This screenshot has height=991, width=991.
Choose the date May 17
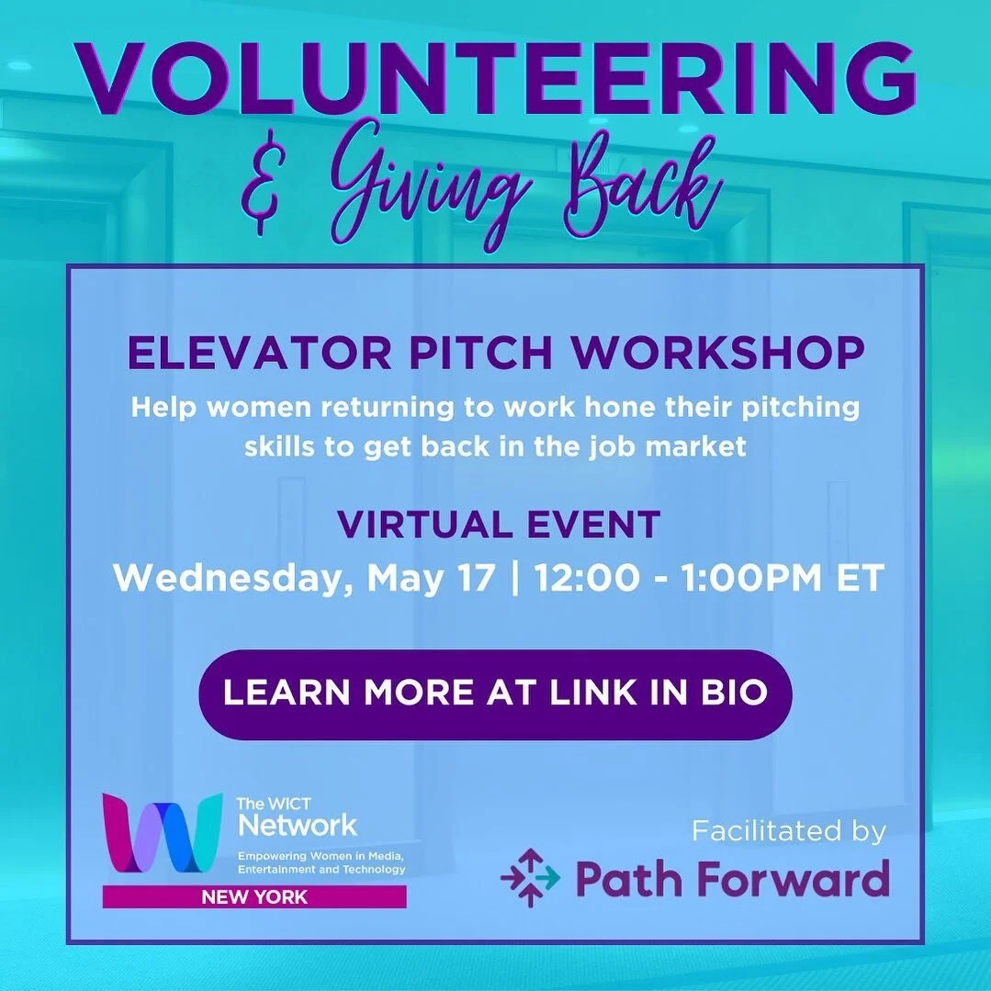tap(431, 579)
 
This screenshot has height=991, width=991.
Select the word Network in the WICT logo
tap(298, 824)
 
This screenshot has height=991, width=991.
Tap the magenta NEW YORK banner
tap(254, 896)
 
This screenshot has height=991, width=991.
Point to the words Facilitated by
tap(789, 832)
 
